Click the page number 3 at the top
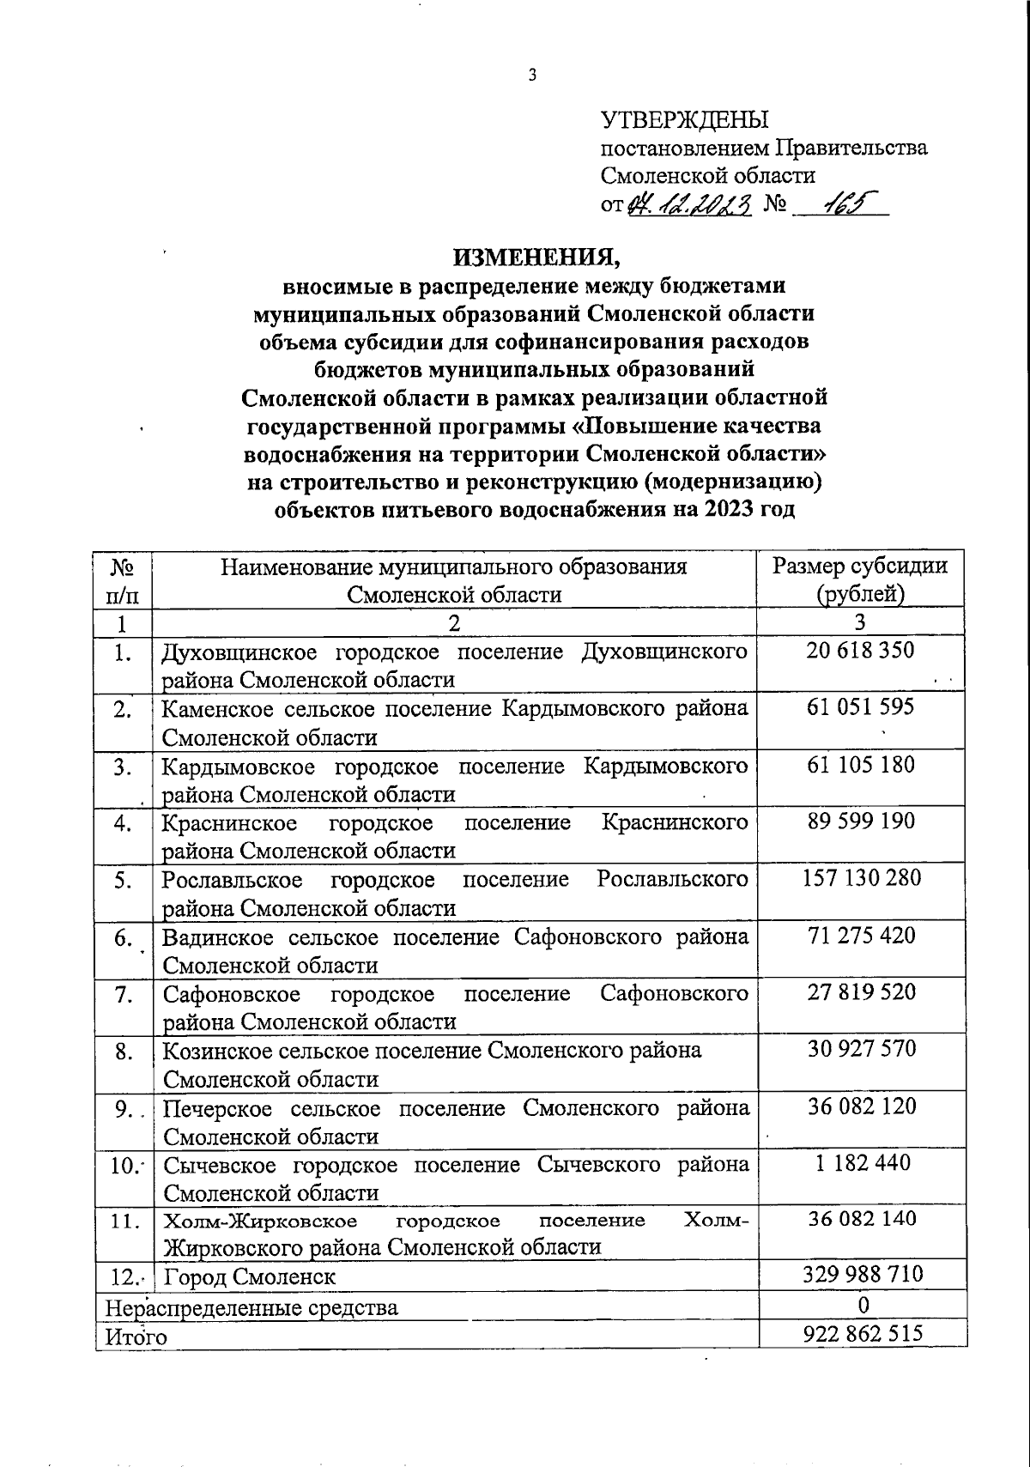tap(531, 76)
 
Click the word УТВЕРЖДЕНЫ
tap(683, 119)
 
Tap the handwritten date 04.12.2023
tap(690, 204)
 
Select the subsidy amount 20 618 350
tap(860, 651)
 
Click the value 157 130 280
tap(861, 878)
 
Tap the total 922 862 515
tap(863, 1334)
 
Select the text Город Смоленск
tap(250, 1276)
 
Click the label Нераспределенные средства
tap(251, 1307)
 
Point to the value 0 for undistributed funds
tap(863, 1305)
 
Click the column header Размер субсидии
tap(861, 567)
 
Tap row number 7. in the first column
tap(124, 994)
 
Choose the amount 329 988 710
tap(863, 1274)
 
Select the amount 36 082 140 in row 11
tap(861, 1219)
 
